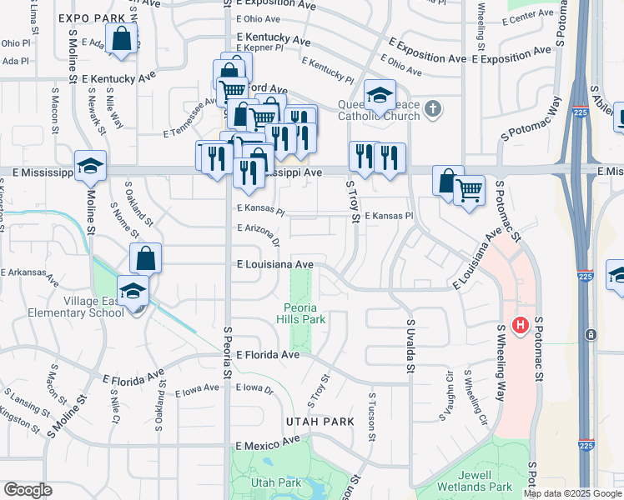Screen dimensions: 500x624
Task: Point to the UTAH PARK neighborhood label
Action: [x=320, y=422]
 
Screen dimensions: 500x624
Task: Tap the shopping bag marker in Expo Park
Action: [x=122, y=38]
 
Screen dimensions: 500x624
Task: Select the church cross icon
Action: [x=432, y=108]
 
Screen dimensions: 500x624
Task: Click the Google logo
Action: [x=28, y=490]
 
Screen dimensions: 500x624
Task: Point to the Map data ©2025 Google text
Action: [x=571, y=493]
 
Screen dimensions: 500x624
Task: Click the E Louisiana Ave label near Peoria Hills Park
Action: [x=274, y=264]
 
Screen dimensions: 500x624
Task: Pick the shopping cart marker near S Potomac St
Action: [x=469, y=189]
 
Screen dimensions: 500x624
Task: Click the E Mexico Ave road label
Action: [x=266, y=447]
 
